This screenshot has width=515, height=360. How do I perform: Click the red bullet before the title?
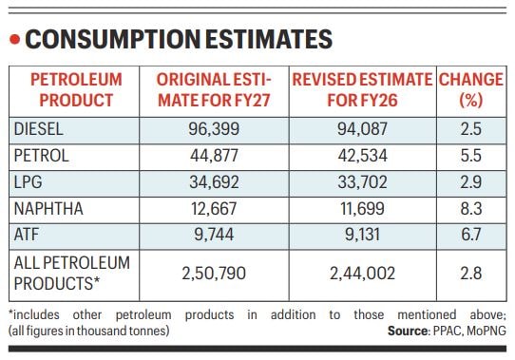14,40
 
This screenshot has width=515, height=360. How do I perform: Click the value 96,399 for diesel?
213,128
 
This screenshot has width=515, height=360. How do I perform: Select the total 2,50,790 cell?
213,273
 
